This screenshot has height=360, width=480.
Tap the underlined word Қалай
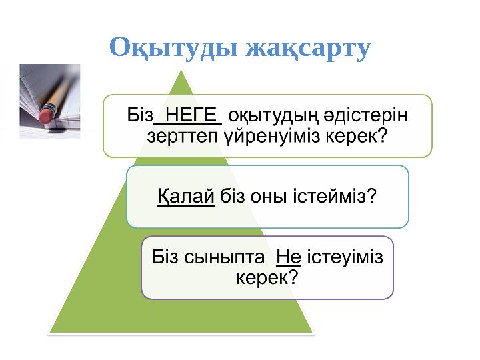[x=185, y=197]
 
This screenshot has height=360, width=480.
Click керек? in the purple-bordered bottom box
[x=267, y=277]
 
